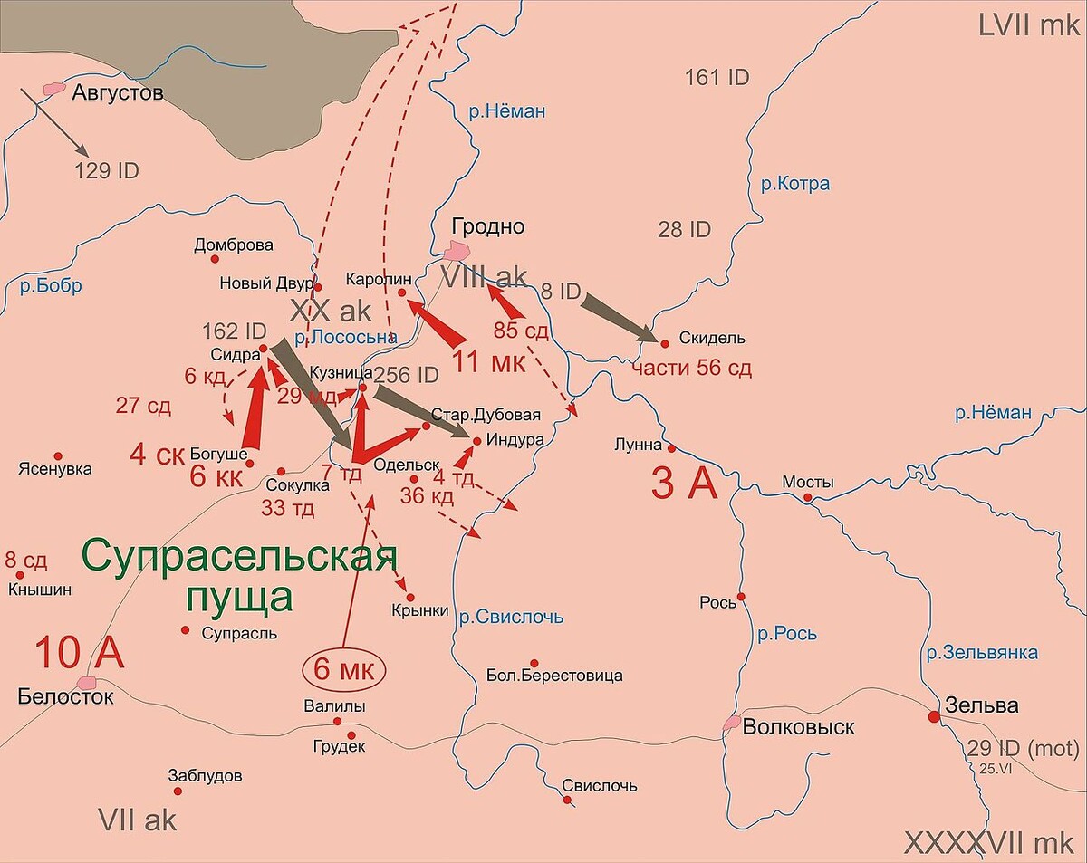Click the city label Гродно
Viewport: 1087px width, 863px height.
(490, 226)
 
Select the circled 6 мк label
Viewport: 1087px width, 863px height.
(343, 670)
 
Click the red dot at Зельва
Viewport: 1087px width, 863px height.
(933, 716)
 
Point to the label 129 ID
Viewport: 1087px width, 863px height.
(106, 170)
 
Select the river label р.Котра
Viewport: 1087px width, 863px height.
(794, 185)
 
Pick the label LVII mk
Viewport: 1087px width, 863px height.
(1029, 24)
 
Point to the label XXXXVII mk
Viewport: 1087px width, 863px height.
(992, 843)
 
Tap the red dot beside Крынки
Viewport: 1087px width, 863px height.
(409, 598)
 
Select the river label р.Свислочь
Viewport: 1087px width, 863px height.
(510, 618)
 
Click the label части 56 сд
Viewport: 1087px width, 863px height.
(690, 369)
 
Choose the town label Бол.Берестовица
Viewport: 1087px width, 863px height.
(554, 676)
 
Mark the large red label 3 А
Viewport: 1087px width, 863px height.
(684, 484)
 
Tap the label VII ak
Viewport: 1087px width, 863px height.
(137, 820)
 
